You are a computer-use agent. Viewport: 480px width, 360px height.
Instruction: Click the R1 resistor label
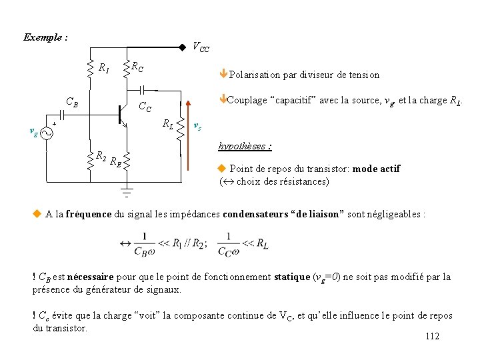click(x=104, y=67)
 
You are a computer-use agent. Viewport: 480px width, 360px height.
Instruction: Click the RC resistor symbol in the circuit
click(x=127, y=67)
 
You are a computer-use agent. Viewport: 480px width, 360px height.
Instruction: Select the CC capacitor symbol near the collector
click(x=142, y=89)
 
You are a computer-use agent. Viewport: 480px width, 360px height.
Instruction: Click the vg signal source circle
click(x=47, y=133)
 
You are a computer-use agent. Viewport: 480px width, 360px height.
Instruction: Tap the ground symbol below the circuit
click(x=125, y=193)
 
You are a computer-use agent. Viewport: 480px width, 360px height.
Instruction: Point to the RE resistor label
click(x=115, y=161)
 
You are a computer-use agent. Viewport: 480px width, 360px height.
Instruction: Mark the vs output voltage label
click(x=198, y=126)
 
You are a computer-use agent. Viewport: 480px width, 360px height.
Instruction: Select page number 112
click(x=432, y=336)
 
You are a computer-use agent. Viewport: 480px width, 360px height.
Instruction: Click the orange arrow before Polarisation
click(x=224, y=75)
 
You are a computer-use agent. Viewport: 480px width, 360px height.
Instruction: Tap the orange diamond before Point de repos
click(x=223, y=169)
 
